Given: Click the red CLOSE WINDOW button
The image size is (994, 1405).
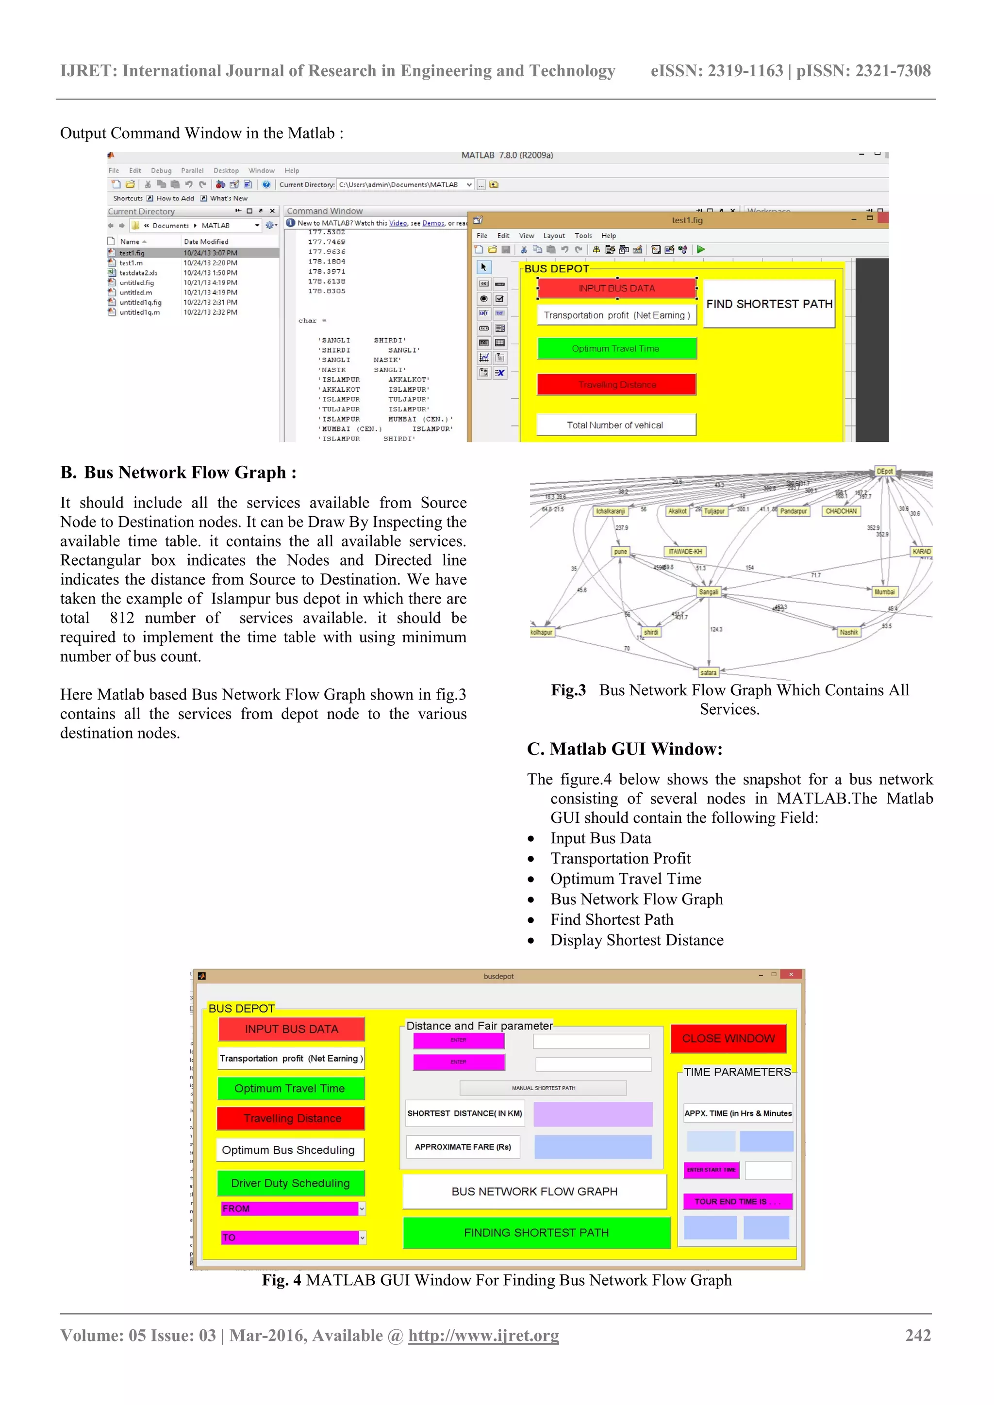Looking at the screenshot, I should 729,1038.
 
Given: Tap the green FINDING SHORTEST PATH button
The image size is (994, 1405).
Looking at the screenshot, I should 536,1232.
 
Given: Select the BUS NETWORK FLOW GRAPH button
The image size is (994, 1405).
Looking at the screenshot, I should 534,1191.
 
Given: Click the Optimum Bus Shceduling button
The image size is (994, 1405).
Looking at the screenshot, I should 289,1149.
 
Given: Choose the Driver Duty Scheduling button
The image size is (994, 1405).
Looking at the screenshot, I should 291,1183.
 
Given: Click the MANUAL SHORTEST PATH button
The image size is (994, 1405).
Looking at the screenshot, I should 543,1087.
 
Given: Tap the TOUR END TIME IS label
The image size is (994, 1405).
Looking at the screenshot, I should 738,1201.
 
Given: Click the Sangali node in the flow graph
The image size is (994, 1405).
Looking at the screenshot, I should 708,592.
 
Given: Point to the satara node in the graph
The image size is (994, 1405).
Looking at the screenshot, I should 708,672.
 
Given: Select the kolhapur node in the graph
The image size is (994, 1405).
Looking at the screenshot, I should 541,632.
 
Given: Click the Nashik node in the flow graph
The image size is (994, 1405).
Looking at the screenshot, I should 848,632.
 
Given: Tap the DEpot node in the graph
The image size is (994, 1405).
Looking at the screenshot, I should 884,471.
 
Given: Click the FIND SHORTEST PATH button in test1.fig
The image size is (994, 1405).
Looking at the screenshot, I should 769,304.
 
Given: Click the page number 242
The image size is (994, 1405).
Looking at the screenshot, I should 917,1335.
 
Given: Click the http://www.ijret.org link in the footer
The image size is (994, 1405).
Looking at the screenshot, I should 483,1336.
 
